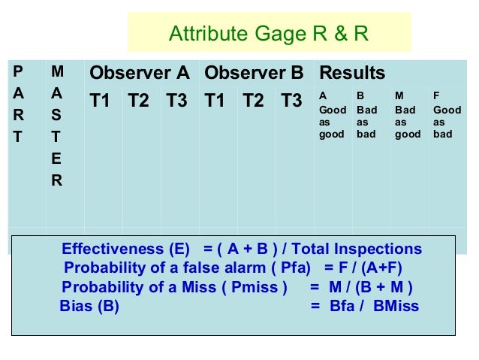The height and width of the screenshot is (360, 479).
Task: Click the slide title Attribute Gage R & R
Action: coord(268,34)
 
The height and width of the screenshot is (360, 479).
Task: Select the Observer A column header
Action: coord(140,73)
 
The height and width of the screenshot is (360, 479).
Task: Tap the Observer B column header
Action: coord(254,73)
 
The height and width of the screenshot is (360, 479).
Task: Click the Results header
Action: coord(352,73)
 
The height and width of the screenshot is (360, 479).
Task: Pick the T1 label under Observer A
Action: coord(101,101)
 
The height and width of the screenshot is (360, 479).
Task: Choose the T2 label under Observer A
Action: coord(139,101)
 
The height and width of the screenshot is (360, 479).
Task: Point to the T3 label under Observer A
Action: coord(177,101)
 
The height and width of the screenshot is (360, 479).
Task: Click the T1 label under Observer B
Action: coord(215,101)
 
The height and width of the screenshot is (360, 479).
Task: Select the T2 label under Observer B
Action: coord(254,101)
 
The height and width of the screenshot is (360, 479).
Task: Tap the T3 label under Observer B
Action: coord(291,101)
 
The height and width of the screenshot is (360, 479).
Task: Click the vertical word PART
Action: coord(18,105)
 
